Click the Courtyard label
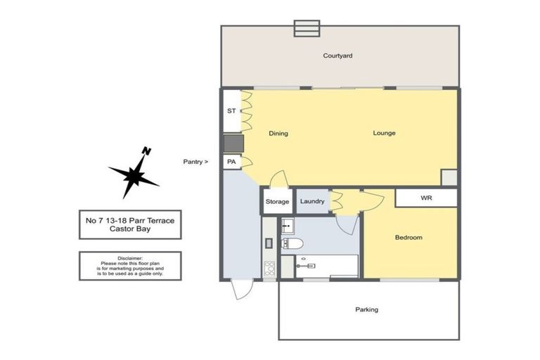click(337, 56)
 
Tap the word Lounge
click(384, 133)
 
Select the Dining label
click(278, 133)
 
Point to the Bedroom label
click(408, 238)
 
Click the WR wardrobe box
click(426, 198)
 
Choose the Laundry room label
click(312, 202)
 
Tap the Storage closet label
click(277, 202)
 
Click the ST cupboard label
click(231, 111)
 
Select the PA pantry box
click(231, 162)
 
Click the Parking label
click(366, 309)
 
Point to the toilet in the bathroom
click(291, 244)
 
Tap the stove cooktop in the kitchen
click(269, 267)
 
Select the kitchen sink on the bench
click(269, 243)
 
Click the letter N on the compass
click(146, 150)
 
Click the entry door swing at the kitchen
click(242, 288)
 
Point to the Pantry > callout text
click(195, 162)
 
